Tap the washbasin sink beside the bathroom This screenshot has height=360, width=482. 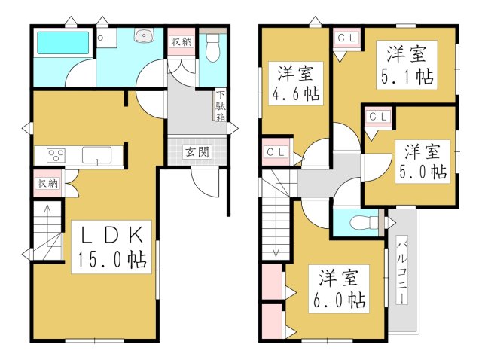(x=142, y=35)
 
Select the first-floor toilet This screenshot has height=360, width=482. (x=212, y=49)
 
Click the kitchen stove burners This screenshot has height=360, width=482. (x=56, y=156)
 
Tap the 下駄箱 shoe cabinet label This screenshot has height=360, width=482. (x=221, y=106)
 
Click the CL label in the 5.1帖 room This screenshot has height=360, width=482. (x=346, y=36)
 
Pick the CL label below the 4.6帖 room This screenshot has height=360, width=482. (x=276, y=152)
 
